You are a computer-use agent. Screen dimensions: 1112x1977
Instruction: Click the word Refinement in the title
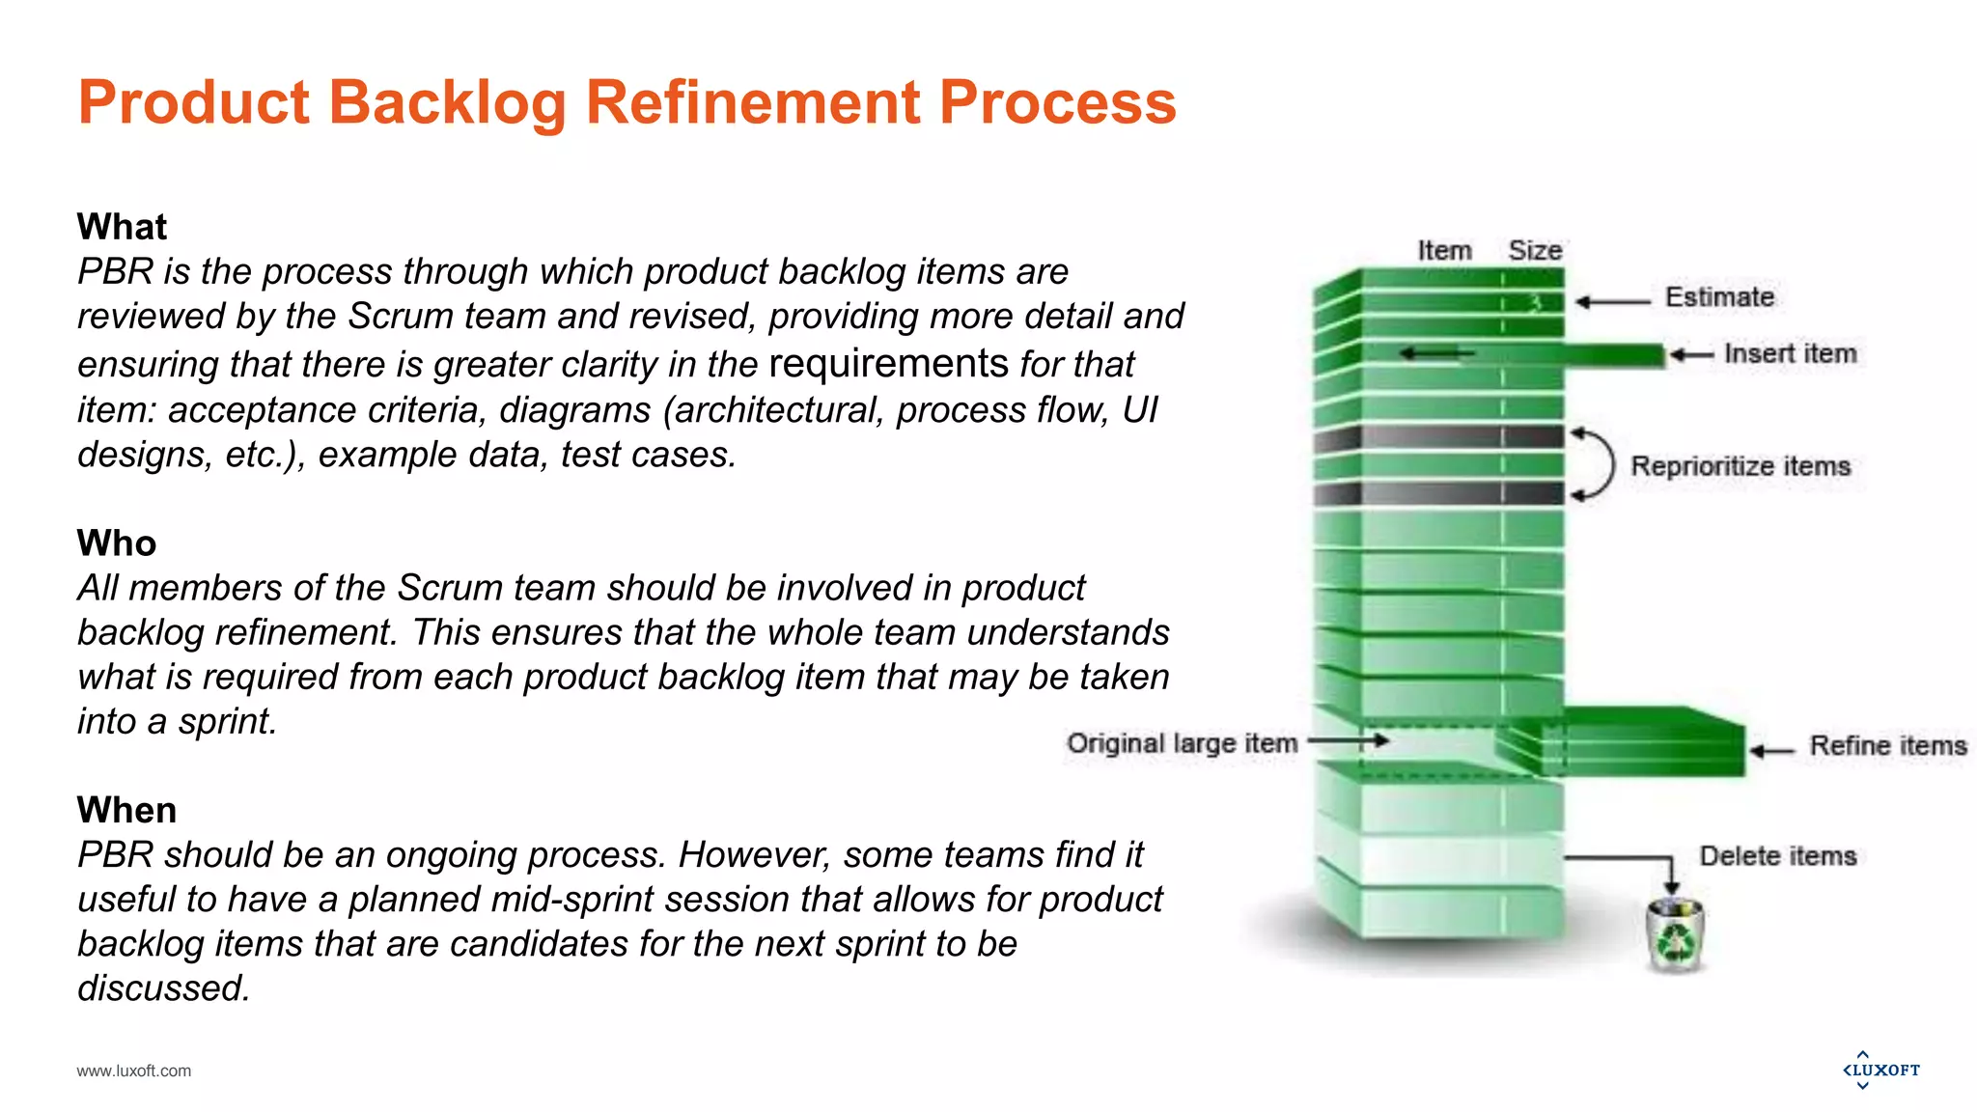tap(753, 102)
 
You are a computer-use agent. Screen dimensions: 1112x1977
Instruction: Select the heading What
tap(122, 227)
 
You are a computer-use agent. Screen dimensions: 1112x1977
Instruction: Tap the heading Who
tap(116, 543)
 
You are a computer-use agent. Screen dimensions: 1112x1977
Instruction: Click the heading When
tap(126, 810)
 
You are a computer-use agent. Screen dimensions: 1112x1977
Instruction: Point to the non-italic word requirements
tap(888, 364)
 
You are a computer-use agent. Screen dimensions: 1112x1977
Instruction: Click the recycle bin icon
tap(1675, 935)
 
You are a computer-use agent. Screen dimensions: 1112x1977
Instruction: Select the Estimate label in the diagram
tap(1719, 297)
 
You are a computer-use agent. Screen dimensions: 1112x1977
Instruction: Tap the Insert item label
tap(1790, 353)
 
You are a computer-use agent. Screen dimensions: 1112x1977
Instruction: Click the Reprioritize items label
tap(1740, 466)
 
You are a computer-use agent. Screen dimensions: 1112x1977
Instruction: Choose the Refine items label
tap(1887, 746)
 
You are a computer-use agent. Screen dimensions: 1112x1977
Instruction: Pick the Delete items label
tap(1777, 856)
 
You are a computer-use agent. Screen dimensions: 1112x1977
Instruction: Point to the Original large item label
tap(1182, 743)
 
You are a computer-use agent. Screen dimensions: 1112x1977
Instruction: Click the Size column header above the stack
tap(1535, 251)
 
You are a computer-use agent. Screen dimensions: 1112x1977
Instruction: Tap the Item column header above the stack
tap(1444, 251)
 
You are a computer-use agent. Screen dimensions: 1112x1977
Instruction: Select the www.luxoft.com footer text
tap(134, 1070)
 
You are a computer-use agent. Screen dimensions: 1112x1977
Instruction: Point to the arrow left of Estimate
tap(1612, 302)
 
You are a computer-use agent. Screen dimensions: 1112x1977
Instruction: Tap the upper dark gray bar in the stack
tap(1438, 437)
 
